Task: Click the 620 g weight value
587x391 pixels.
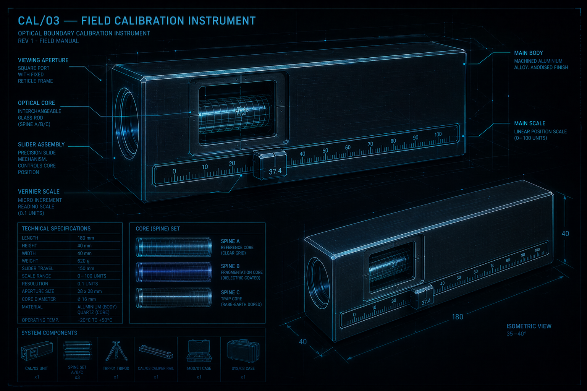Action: pyautogui.click(x=83, y=261)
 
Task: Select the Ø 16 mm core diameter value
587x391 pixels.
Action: pyautogui.click(x=87, y=299)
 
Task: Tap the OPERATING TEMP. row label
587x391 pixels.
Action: pyautogui.click(x=40, y=320)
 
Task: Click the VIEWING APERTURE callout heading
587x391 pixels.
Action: pyautogui.click(x=43, y=60)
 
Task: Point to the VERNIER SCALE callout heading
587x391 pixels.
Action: pyautogui.click(x=39, y=191)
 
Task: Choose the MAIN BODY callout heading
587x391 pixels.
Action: pyautogui.click(x=528, y=53)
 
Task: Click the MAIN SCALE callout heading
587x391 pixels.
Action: pyautogui.click(x=529, y=123)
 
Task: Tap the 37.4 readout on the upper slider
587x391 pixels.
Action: pyautogui.click(x=275, y=171)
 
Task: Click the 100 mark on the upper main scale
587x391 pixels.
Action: pyautogui.click(x=438, y=134)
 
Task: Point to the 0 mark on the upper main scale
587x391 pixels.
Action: pyautogui.click(x=174, y=171)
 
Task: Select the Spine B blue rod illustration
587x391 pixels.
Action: pyautogui.click(x=174, y=272)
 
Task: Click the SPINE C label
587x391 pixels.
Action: pyautogui.click(x=230, y=292)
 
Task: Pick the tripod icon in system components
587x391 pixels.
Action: pyautogui.click(x=116, y=351)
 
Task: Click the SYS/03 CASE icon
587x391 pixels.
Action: pyautogui.click(x=243, y=351)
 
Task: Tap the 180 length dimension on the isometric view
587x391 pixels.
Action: pyautogui.click(x=457, y=317)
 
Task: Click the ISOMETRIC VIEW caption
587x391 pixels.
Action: pyautogui.click(x=529, y=326)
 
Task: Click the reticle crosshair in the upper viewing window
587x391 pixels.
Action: pyautogui.click(x=241, y=111)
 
